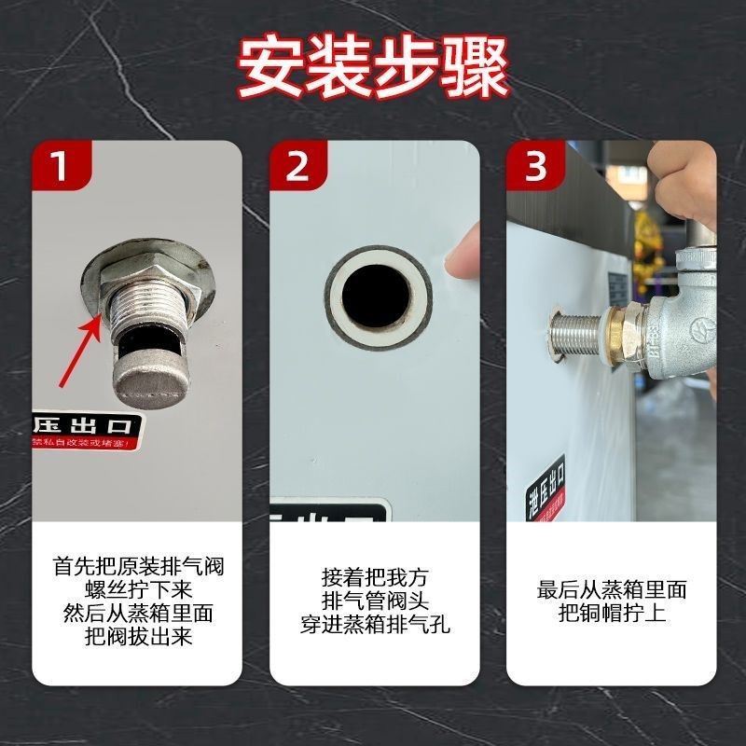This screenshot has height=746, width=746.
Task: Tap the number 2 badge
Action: tap(296, 169)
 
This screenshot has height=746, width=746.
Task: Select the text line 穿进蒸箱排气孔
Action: tap(375, 625)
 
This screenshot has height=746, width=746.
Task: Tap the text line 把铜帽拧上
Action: tap(613, 614)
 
